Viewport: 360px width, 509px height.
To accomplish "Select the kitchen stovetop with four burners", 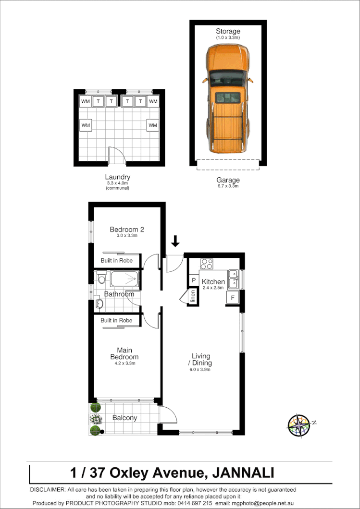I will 207,264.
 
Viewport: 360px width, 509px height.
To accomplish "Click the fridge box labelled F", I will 233,297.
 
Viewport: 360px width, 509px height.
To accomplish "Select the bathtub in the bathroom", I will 124,279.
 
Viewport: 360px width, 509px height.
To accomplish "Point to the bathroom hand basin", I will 99,303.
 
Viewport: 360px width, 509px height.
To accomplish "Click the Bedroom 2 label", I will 127,230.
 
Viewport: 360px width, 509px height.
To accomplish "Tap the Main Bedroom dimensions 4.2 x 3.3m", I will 124,364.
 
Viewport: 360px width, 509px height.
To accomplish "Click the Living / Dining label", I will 201,359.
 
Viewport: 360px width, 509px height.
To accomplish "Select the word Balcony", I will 124,418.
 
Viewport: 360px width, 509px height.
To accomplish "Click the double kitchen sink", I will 233,279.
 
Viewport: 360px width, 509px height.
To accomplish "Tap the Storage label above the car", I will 228,31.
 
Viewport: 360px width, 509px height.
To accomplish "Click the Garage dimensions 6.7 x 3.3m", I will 228,186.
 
